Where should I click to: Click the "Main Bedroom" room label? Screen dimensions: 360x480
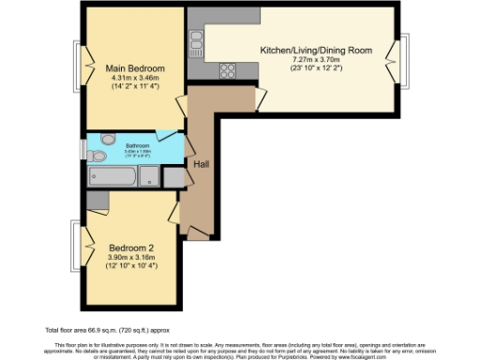pos(135,68)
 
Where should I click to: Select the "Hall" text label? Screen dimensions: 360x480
pos(201,164)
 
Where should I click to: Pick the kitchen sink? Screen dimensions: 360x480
pos(197,38)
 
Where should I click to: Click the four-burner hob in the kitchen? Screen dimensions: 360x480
pos(228,69)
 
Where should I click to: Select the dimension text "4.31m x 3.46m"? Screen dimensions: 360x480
pos(135,80)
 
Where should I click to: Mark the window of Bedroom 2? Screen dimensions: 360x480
pos(74,249)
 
